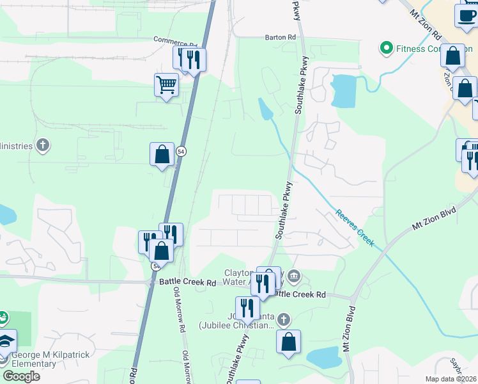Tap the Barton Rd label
[281, 38]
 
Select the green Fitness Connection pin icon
[386, 48]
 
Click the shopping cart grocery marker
[166, 84]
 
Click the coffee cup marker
[466, 15]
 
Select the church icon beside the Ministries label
[43, 145]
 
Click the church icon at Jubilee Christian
[284, 319]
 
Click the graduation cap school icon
[5, 341]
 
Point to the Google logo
[21, 376]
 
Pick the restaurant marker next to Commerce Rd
[194, 60]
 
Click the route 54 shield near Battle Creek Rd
[155, 266]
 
